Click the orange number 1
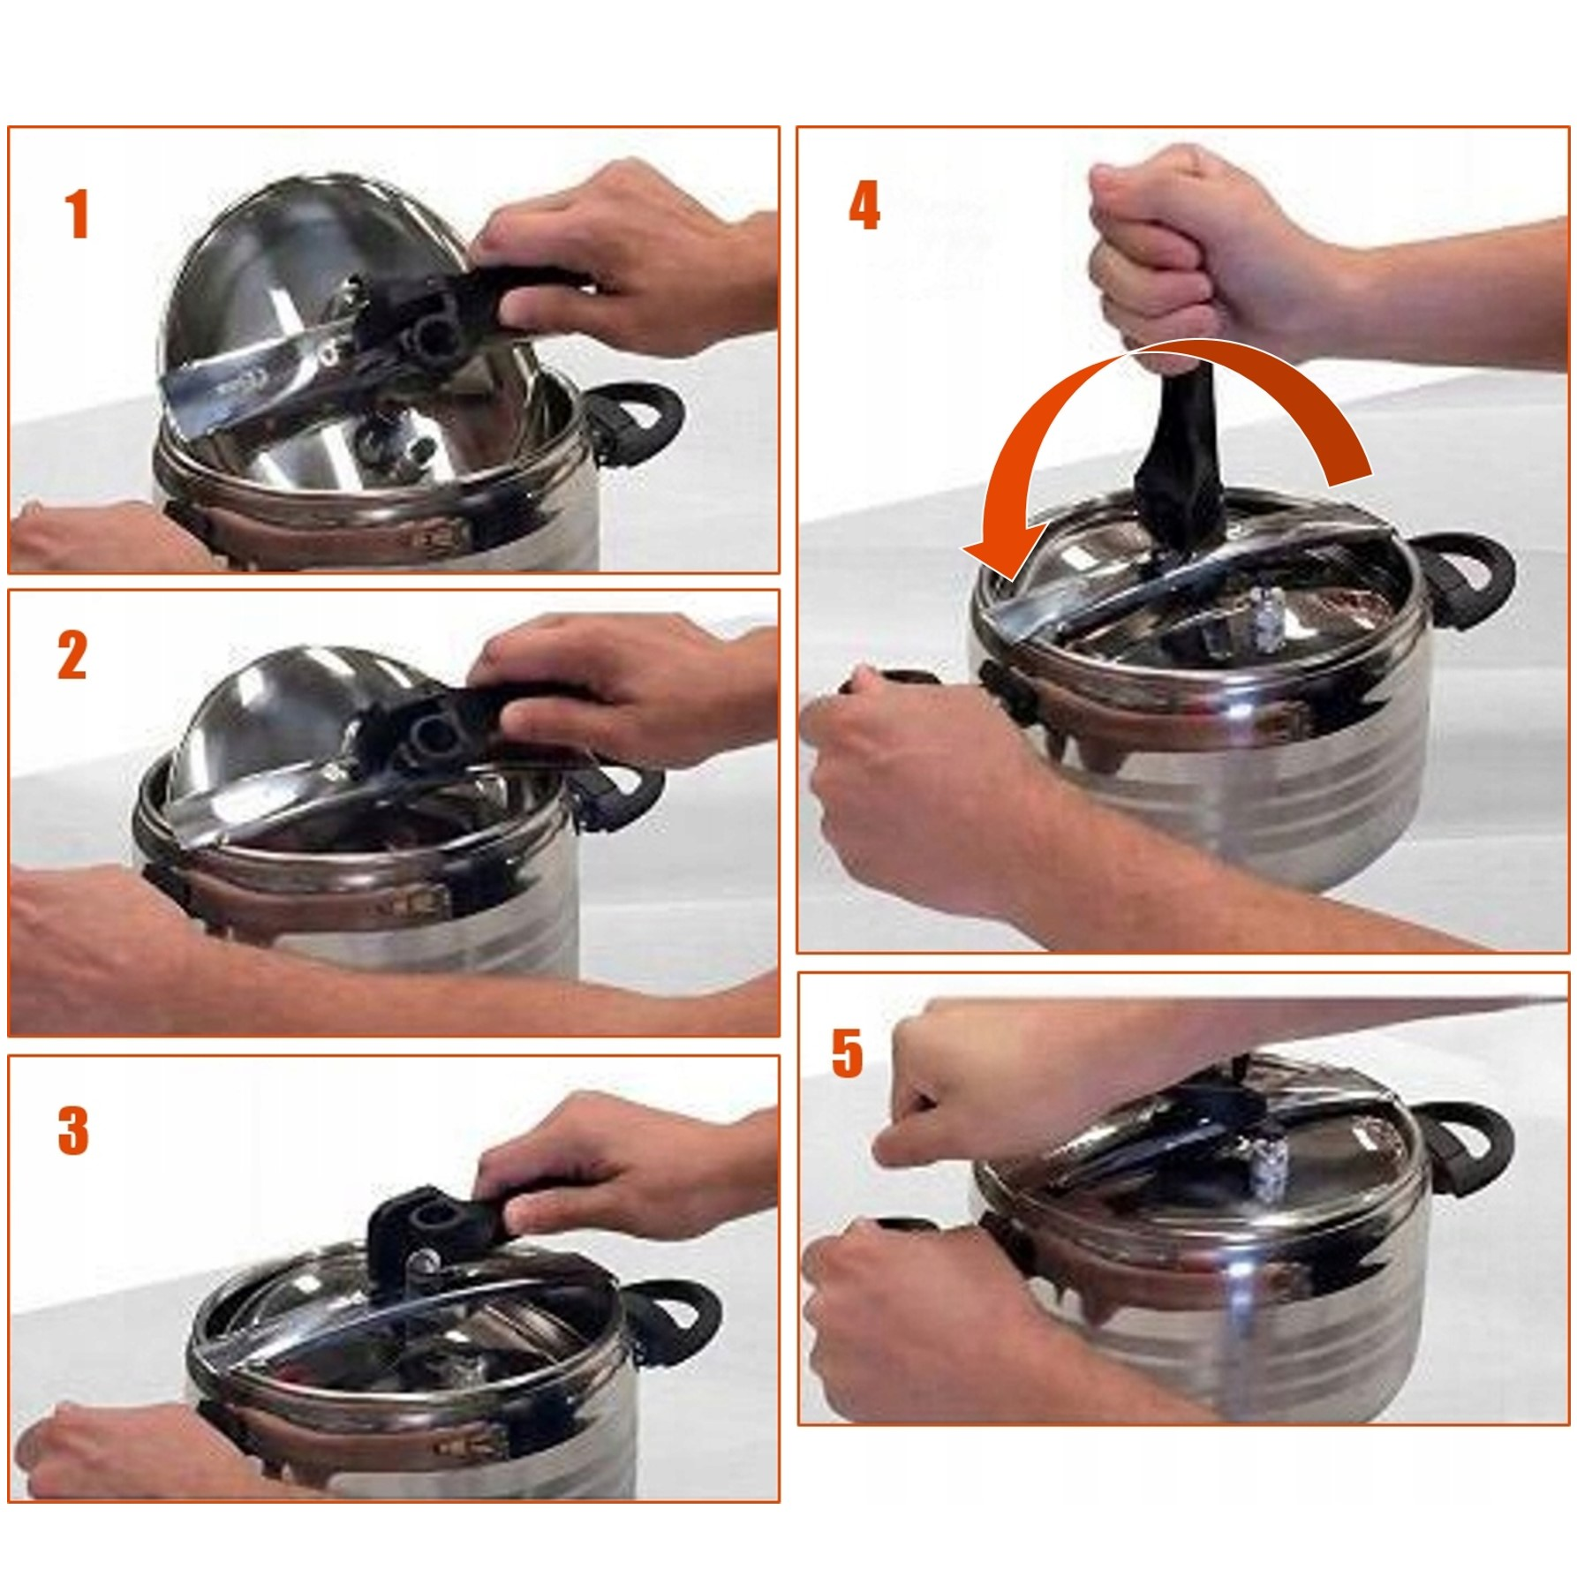coord(78,215)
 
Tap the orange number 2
coord(72,655)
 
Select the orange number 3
coord(73,1130)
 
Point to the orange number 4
coord(864,206)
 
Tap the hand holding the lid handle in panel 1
coord(618,256)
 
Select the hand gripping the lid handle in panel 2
coord(618,689)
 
